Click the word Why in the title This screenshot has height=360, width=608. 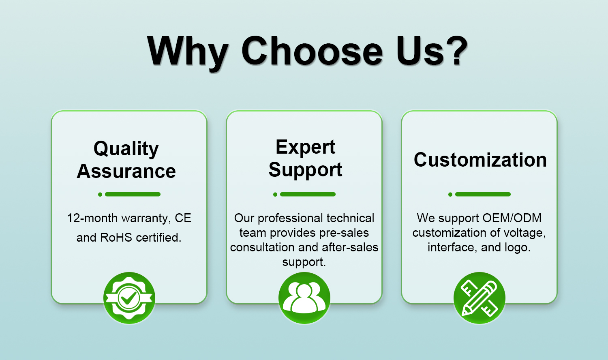pyautogui.click(x=188, y=54)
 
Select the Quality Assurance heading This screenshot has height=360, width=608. pyautogui.click(x=126, y=160)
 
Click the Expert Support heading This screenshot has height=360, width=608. pyautogui.click(x=305, y=158)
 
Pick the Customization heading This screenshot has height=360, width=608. pyautogui.click(x=480, y=160)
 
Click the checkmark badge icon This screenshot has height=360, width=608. pyautogui.click(x=129, y=298)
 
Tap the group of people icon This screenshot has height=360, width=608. pyautogui.click(x=304, y=298)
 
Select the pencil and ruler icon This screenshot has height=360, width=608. pyautogui.click(x=480, y=298)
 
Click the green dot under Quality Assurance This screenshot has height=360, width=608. pyautogui.click(x=100, y=194)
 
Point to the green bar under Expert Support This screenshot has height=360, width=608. pyautogui.click(x=308, y=194)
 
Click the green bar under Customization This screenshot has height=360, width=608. pyautogui.click(x=483, y=194)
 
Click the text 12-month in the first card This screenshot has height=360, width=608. pyautogui.click(x=92, y=218)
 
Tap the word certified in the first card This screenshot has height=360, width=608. pyautogui.click(x=158, y=238)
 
